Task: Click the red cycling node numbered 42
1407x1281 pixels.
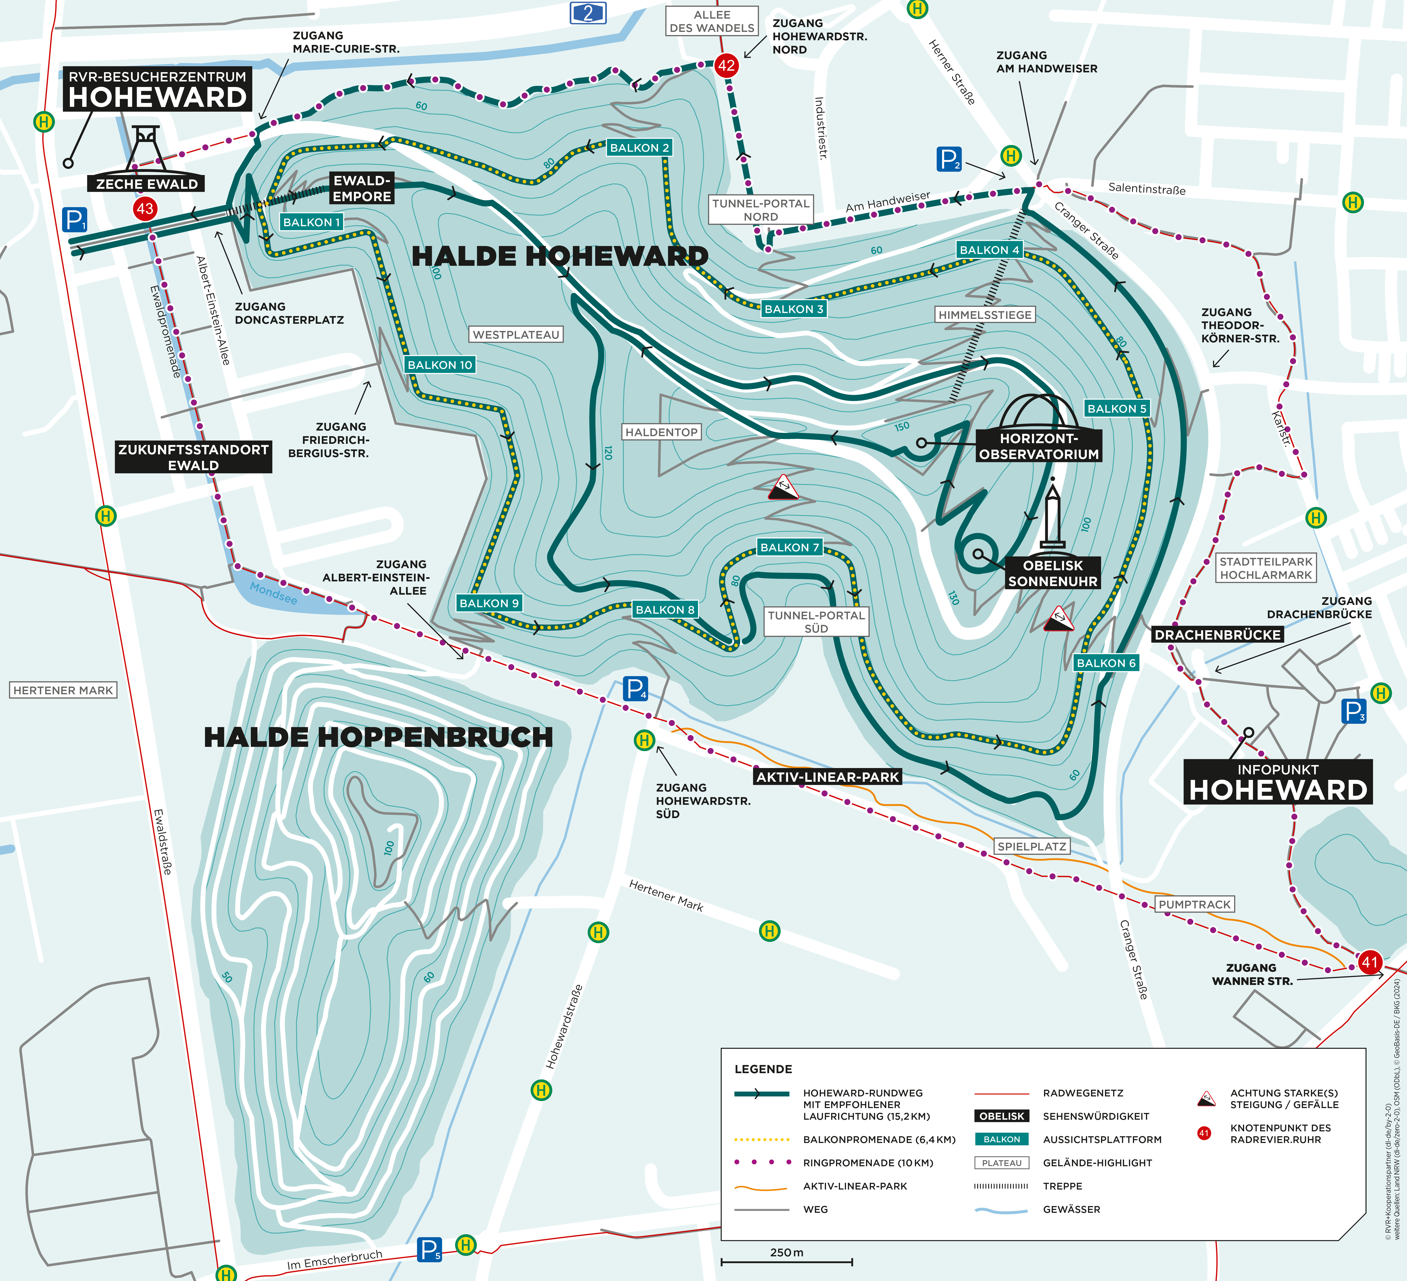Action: click(x=726, y=66)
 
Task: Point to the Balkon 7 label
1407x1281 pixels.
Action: click(x=789, y=547)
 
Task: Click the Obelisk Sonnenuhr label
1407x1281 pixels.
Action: click(x=1052, y=573)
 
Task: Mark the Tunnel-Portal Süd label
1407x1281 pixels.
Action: click(x=816, y=621)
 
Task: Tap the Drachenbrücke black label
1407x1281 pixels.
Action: click(x=1217, y=635)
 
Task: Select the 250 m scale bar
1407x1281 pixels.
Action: click(x=786, y=1261)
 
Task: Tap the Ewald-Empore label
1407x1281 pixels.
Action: click(x=362, y=189)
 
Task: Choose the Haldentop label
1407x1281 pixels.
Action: click(x=661, y=432)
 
